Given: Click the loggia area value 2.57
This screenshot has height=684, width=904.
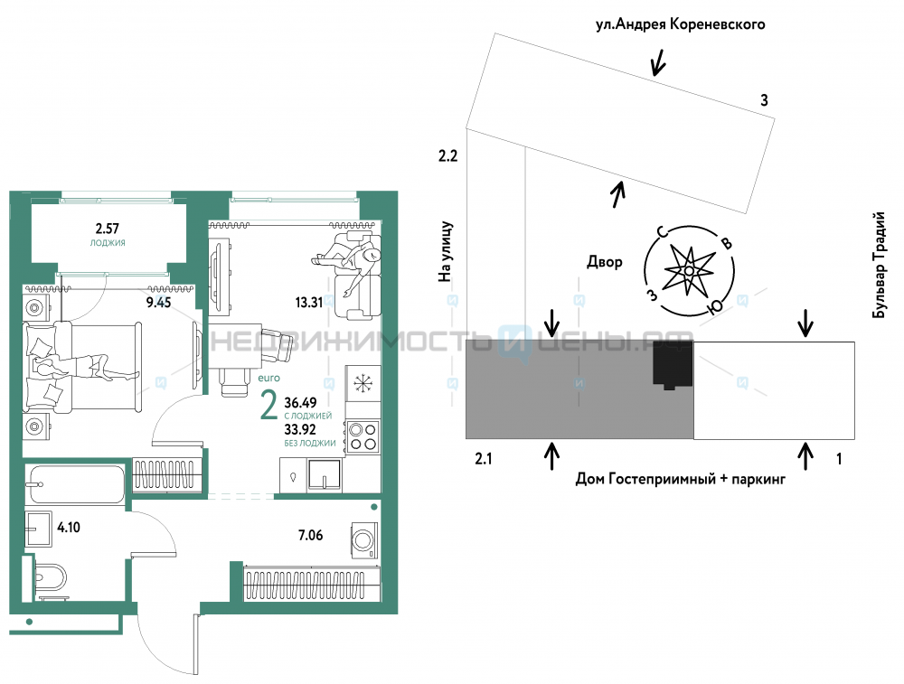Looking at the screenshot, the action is coord(108,229).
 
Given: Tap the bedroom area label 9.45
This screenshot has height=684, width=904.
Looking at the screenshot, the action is coord(158,302).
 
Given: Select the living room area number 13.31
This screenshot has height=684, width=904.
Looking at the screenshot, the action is coord(309,302).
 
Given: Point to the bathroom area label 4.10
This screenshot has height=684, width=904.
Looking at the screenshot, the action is coord(69,527).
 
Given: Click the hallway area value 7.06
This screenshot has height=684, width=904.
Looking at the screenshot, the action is coord(310,535).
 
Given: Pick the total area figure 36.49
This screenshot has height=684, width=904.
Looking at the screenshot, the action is coord(300,402).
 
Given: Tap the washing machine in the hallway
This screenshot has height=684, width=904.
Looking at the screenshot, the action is coord(364,540).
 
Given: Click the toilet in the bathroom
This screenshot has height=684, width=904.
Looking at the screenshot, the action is coord(49,576).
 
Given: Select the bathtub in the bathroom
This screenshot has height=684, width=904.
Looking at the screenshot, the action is coord(75,484).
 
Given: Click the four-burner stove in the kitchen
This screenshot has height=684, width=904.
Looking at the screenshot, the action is coord(363,436).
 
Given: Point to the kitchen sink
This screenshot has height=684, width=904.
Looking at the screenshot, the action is coord(325,474).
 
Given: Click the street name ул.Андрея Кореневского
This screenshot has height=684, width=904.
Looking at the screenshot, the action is coord(681,24).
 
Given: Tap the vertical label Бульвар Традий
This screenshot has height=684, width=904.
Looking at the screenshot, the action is coord(878,265).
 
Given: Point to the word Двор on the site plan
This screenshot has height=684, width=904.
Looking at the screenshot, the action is coord(605,262).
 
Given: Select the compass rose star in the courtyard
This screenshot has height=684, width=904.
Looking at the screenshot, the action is coord(690,269).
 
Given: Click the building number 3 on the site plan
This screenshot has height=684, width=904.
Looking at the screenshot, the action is coord(765,100).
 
